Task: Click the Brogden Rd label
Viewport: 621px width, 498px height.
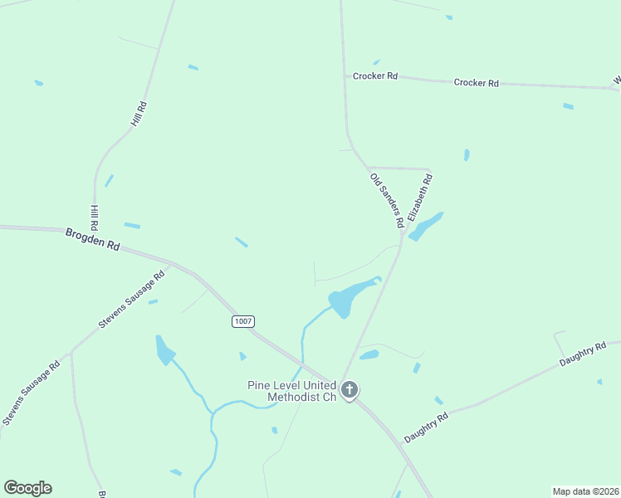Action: pos(92,241)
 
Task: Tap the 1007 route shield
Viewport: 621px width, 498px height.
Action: pos(242,321)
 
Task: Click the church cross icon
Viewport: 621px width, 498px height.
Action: pos(350,389)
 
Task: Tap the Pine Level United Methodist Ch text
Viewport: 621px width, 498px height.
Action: pos(291,391)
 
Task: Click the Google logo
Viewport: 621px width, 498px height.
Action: pos(27,488)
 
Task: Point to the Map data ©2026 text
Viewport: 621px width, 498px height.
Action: pos(585,491)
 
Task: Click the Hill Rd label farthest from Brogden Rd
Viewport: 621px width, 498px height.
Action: pos(139,114)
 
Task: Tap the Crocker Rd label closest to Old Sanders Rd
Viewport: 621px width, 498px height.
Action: pos(375,76)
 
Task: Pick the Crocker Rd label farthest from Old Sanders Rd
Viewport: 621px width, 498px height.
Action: pos(476,83)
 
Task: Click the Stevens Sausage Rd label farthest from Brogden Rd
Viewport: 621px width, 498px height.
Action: pos(31,393)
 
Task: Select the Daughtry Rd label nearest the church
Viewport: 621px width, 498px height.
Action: pos(426,427)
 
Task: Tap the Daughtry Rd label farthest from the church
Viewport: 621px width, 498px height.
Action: pos(583,354)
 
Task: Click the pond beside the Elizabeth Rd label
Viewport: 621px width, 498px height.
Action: pos(427,226)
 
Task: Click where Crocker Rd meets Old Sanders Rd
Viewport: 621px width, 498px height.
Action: pos(345,76)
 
